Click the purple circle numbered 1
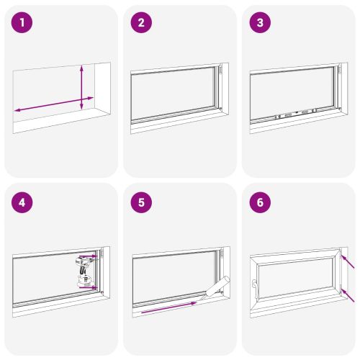[x=23, y=23]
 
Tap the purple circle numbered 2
[x=141, y=23]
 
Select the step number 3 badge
[x=260, y=23]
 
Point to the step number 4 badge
[x=23, y=202]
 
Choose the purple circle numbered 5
[x=141, y=202]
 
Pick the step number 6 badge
[x=260, y=202]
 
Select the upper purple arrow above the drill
[x=88, y=256]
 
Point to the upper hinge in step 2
[x=221, y=72]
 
